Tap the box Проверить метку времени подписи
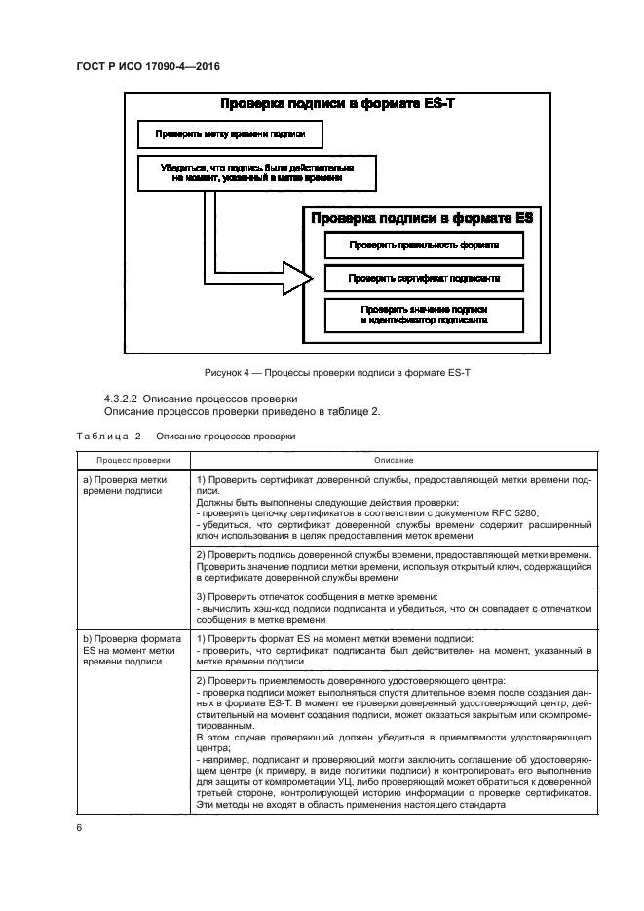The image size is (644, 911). [230, 134]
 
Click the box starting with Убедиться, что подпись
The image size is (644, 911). [257, 173]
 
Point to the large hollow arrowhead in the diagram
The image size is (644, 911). [296, 277]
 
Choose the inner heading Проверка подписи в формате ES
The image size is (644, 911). [423, 219]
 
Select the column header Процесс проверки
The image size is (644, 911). [133, 459]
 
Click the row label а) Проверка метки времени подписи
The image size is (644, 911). [125, 486]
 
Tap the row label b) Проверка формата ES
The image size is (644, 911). [126, 652]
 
